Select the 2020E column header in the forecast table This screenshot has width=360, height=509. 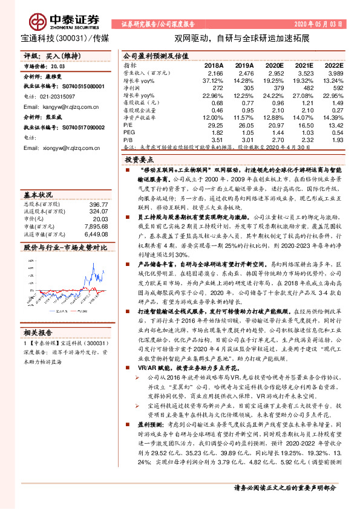[x=274, y=65]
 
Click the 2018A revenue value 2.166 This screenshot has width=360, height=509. [x=214, y=72]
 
